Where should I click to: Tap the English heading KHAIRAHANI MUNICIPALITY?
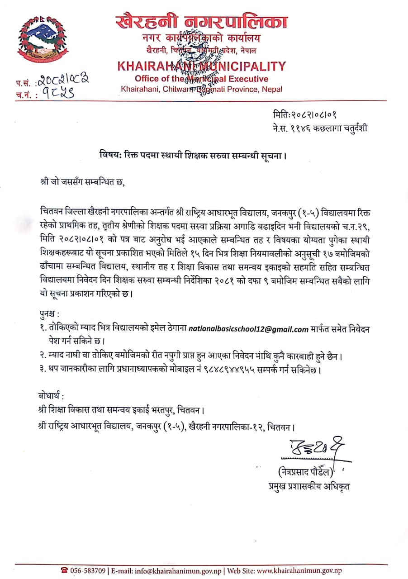tap(201, 66)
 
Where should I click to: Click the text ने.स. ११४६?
tap(290, 128)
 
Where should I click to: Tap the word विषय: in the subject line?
tap(111, 156)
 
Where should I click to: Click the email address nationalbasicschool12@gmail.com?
tap(248, 329)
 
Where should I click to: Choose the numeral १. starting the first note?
tap(43, 329)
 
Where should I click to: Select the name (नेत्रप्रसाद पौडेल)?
tap(306, 472)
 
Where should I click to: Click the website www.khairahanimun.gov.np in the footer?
tap(299, 571)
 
